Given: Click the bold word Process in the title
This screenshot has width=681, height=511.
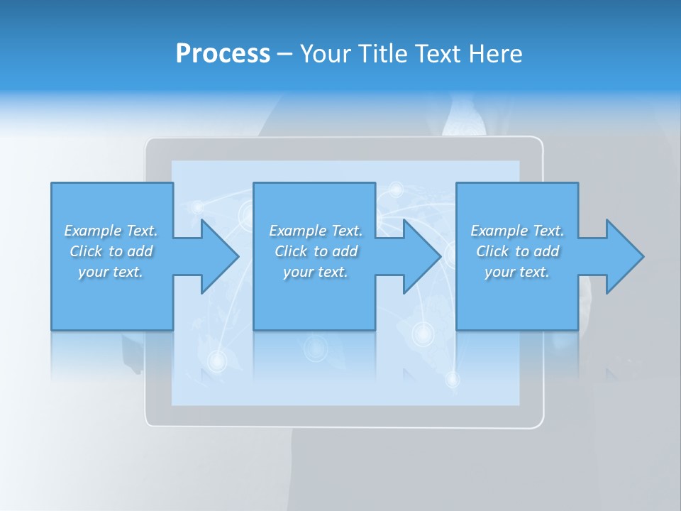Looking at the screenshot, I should (223, 54).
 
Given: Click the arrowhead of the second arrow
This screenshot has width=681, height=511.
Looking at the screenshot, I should (423, 256).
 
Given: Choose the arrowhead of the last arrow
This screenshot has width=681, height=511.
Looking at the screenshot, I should (626, 256).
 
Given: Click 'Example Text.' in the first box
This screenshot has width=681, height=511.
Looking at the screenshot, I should (111, 231).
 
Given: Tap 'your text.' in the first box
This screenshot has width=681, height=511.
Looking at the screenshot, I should (111, 272).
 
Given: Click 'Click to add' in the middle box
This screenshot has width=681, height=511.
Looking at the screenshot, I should (316, 251).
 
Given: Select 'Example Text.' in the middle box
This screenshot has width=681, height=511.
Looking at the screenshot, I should (316, 231).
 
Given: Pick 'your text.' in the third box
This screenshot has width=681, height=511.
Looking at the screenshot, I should (517, 272).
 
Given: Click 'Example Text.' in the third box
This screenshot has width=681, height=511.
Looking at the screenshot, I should (517, 231).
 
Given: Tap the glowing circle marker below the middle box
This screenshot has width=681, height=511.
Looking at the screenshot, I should (314, 348).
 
